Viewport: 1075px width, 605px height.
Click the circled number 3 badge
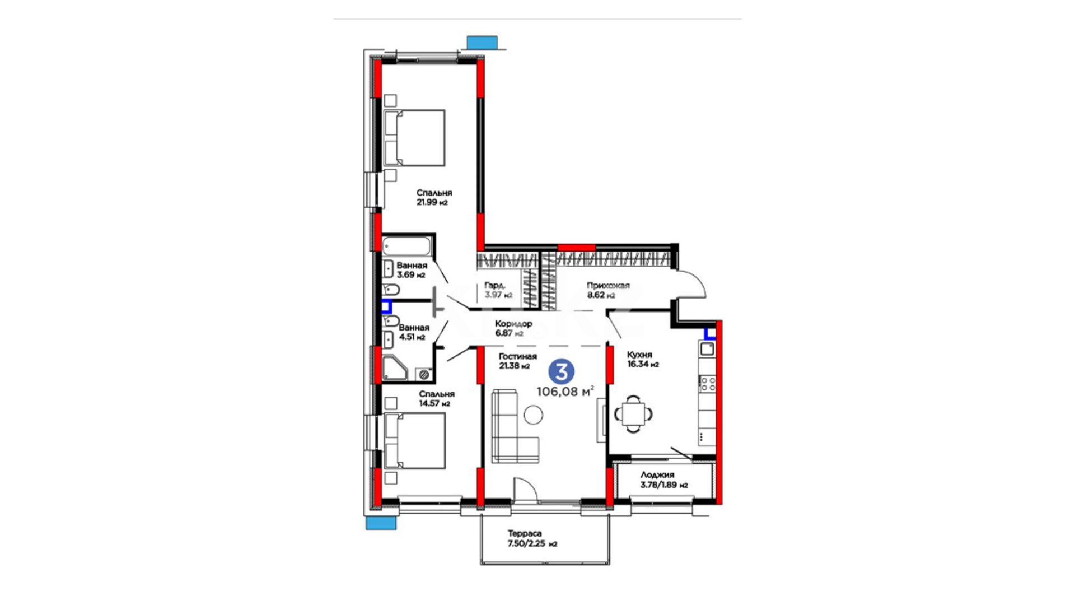pos(561,371)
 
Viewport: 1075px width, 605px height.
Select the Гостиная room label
pos(517,356)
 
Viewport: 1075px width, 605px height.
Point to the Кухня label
pos(639,355)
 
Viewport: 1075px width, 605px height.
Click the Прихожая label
pos(608,286)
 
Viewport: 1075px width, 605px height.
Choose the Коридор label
pos(513,324)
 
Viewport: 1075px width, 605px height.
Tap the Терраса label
pos(525,533)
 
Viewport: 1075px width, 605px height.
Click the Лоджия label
pos(657,474)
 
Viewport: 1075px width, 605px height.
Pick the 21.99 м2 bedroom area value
pos(432,202)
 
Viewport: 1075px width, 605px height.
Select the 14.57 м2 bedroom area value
pos(434,403)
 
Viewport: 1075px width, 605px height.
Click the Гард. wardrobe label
pos(494,285)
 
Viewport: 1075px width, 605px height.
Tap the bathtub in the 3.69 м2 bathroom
pos(407,245)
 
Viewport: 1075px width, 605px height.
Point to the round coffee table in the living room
pos(533,415)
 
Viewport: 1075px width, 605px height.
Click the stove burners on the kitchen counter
pos(707,384)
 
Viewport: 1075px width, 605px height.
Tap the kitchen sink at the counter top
pos(707,349)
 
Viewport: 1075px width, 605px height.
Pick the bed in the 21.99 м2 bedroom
pos(414,138)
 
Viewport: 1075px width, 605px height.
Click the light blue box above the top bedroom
pos(482,43)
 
